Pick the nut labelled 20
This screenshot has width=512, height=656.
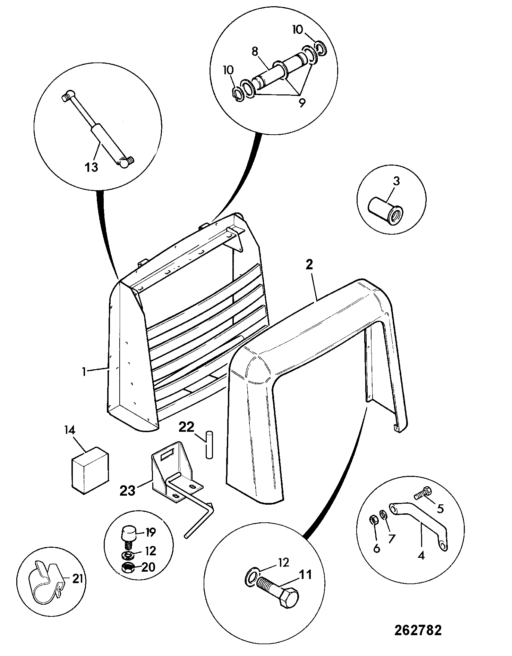click(x=129, y=568)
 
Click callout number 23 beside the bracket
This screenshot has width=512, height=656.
click(x=127, y=481)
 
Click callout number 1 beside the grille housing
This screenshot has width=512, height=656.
click(x=84, y=372)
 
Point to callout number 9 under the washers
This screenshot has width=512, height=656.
click(x=301, y=102)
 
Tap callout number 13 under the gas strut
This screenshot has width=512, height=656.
click(x=91, y=167)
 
